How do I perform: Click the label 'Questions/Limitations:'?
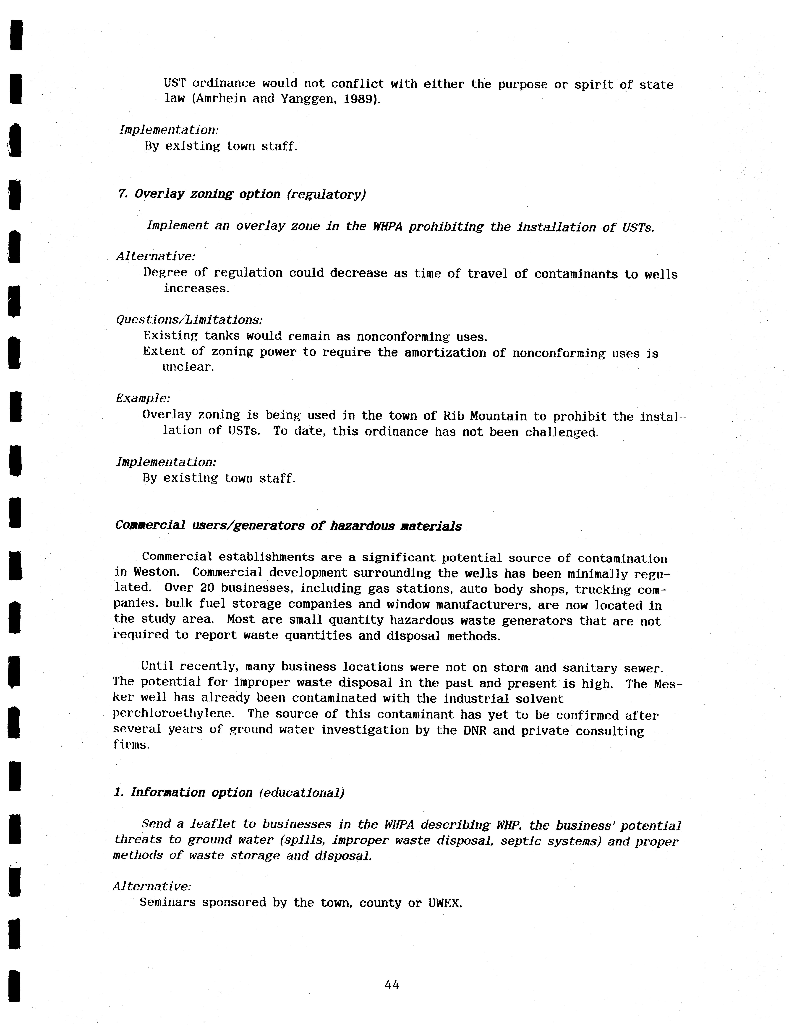click(x=189, y=320)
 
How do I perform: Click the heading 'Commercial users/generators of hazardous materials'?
click(x=288, y=526)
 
